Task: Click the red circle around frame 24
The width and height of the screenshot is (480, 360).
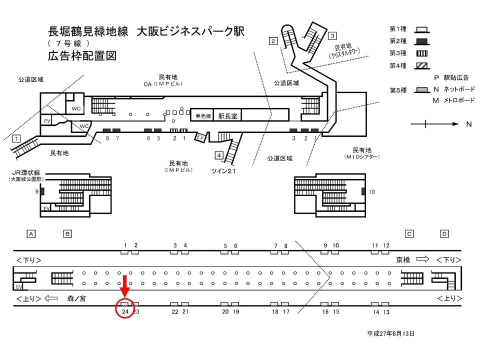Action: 125,308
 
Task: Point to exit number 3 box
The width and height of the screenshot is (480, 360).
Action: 332,36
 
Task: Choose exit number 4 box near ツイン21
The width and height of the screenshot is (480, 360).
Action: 219,154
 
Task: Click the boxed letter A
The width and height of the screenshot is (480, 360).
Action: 31,233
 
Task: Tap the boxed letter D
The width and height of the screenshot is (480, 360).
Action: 444,233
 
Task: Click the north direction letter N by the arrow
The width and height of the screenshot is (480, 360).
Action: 468,124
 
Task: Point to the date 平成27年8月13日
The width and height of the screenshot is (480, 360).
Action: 390,333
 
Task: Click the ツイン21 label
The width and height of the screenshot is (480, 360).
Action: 223,171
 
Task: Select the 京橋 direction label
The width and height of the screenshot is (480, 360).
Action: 403,259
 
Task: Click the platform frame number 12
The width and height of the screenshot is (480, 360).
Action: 386,245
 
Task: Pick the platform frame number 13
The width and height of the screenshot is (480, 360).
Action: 386,312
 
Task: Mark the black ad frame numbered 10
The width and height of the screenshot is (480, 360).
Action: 363,191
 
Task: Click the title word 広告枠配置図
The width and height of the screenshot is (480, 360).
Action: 82,55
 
